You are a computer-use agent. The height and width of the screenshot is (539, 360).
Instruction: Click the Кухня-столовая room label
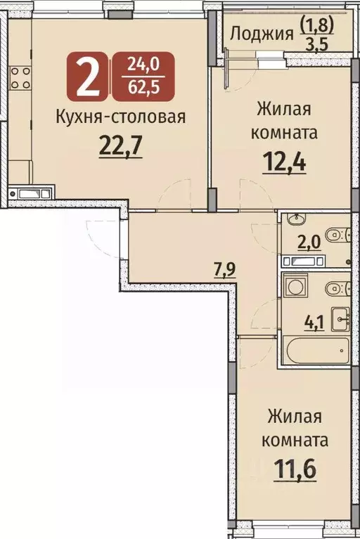tap(120, 117)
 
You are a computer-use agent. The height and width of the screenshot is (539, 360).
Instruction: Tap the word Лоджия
tap(261, 32)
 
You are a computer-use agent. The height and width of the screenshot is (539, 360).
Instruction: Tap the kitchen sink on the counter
tap(30, 191)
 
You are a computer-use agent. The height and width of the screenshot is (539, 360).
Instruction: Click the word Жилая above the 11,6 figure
tap(294, 416)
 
